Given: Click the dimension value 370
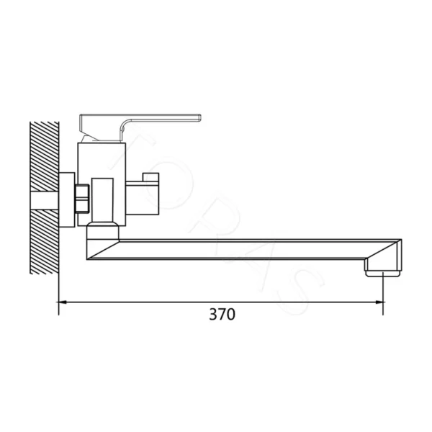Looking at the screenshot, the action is tap(222, 315).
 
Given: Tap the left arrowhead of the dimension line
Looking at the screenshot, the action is tap(62, 302).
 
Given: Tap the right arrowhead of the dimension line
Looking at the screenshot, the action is tap(379, 302).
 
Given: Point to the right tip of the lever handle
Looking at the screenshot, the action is tap(200, 117).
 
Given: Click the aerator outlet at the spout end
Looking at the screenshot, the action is tap(383, 274).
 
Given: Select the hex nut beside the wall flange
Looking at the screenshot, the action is tap(82, 199).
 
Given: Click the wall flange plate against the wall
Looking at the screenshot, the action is tap(67, 199).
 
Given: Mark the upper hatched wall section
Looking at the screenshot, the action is tap(45, 156).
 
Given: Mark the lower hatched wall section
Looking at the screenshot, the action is tap(45, 242).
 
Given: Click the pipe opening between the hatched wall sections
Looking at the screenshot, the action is tap(45, 200).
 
